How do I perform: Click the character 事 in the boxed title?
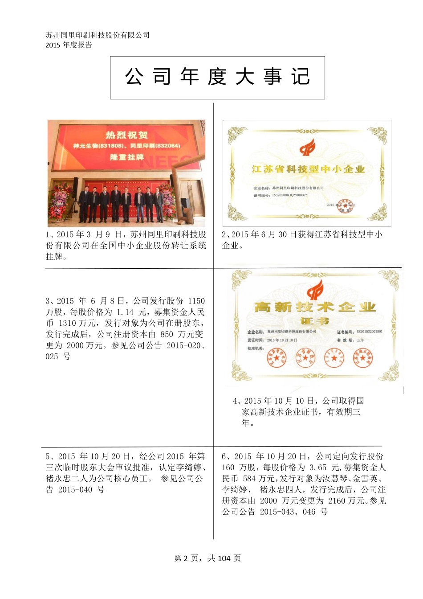(x=273, y=77)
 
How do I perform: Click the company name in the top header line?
(x=98, y=35)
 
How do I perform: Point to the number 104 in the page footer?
(x=224, y=558)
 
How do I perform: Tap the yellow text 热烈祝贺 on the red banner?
(x=126, y=135)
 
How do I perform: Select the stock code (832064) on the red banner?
(x=164, y=146)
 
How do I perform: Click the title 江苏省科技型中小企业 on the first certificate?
(x=308, y=169)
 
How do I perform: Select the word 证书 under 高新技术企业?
(x=314, y=321)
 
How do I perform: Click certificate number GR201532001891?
(x=369, y=332)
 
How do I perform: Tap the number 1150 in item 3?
(x=197, y=301)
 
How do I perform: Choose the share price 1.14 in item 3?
(x=126, y=312)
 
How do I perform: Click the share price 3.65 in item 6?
(x=318, y=468)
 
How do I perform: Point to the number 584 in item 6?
(x=252, y=479)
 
